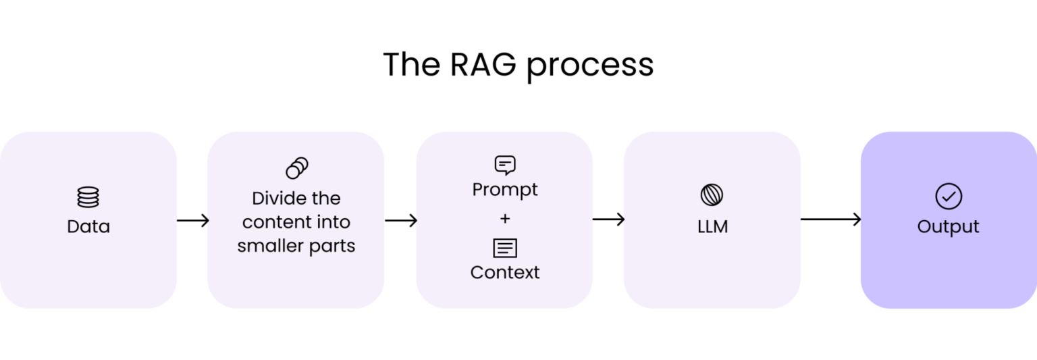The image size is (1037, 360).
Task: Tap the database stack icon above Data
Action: (88, 197)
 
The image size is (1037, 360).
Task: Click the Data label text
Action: (88, 226)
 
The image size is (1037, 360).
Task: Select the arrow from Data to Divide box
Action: (192, 220)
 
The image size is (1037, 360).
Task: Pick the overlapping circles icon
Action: (296, 168)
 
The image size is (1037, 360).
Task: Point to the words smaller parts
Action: (296, 246)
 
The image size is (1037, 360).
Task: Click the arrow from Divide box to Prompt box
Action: (400, 220)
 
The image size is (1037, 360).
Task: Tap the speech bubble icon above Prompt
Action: (504, 165)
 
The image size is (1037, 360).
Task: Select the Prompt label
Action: (504, 190)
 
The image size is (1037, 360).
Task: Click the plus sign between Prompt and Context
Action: (504, 219)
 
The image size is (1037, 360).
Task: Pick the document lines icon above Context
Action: (504, 248)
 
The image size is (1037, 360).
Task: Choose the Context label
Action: (504, 272)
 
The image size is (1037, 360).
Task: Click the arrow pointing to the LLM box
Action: (608, 219)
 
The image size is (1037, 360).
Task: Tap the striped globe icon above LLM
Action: (712, 195)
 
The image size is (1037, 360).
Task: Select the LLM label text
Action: (712, 226)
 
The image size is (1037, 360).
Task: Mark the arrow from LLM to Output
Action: (830, 219)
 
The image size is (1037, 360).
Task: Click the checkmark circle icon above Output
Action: (948, 197)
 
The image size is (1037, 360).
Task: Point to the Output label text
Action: (948, 226)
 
